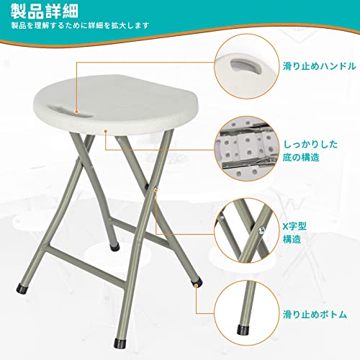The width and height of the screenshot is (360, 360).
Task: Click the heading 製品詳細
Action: [45, 11]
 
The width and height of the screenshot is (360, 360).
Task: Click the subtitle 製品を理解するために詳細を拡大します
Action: [80, 25]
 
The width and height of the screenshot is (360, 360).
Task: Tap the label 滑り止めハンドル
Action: [319, 66]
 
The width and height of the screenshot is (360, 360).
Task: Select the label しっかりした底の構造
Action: [310, 150]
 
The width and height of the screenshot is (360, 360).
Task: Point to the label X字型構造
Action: [294, 233]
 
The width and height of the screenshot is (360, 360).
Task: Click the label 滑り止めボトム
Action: [315, 315]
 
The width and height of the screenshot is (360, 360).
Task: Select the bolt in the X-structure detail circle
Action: [261, 230]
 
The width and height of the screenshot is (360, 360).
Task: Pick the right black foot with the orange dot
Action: [197, 282]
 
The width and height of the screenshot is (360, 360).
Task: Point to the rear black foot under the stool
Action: [114, 247]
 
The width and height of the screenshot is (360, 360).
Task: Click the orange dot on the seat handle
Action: [76, 112]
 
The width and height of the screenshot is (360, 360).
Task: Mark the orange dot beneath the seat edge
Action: [105, 131]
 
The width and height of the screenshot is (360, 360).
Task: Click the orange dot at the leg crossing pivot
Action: [156, 190]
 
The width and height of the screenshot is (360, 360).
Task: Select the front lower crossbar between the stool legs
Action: [86, 267]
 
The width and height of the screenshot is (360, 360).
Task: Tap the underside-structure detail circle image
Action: [247, 149]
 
